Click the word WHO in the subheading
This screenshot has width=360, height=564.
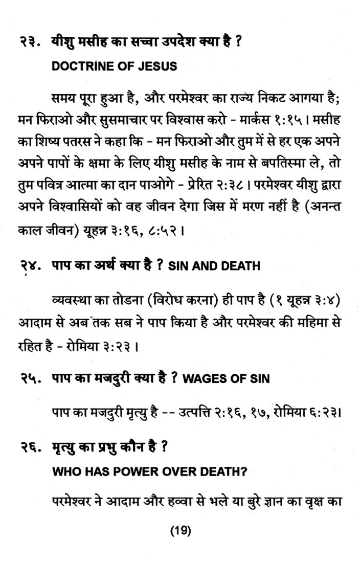[64, 473]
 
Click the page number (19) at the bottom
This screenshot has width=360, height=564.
[180, 531]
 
